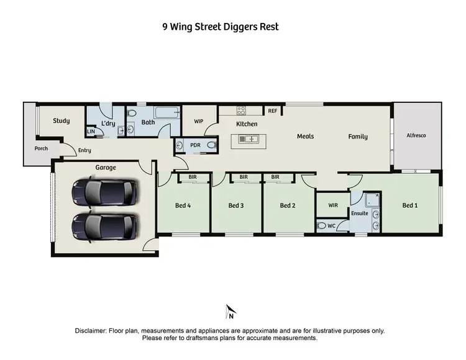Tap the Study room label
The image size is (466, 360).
(61, 121)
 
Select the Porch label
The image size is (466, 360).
(41, 148)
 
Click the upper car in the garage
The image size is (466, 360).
(104, 192)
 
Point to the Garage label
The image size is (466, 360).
(106, 168)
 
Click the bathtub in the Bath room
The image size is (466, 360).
(165, 113)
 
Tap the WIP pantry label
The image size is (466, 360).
(199, 121)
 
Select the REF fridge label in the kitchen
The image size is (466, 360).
(272, 111)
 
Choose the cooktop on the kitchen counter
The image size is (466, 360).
(242, 111)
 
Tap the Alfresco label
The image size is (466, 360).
(416, 135)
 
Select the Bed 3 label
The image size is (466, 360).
(235, 205)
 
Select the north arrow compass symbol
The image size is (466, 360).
(230, 310)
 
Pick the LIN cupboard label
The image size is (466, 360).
(91, 132)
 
